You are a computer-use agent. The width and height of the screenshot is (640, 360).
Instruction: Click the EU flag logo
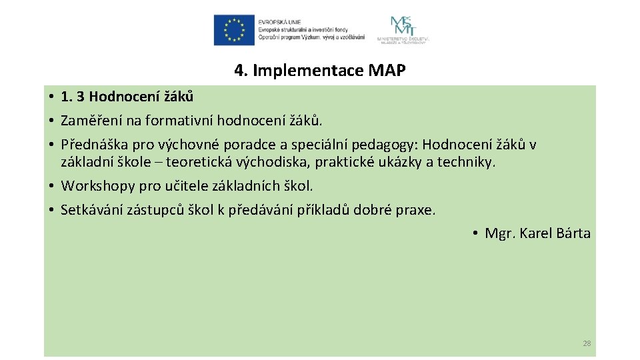click(x=234, y=31)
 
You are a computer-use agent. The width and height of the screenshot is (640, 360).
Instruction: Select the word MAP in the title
click(x=386, y=71)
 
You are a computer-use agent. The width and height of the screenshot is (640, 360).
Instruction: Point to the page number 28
click(x=587, y=343)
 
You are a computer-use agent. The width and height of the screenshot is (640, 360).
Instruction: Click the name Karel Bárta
click(x=555, y=233)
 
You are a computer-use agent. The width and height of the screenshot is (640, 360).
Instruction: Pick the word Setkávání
click(x=90, y=210)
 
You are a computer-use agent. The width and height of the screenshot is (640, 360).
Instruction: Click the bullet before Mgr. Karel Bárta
click(x=475, y=233)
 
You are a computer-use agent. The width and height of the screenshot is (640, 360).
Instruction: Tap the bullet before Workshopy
click(x=51, y=185)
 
